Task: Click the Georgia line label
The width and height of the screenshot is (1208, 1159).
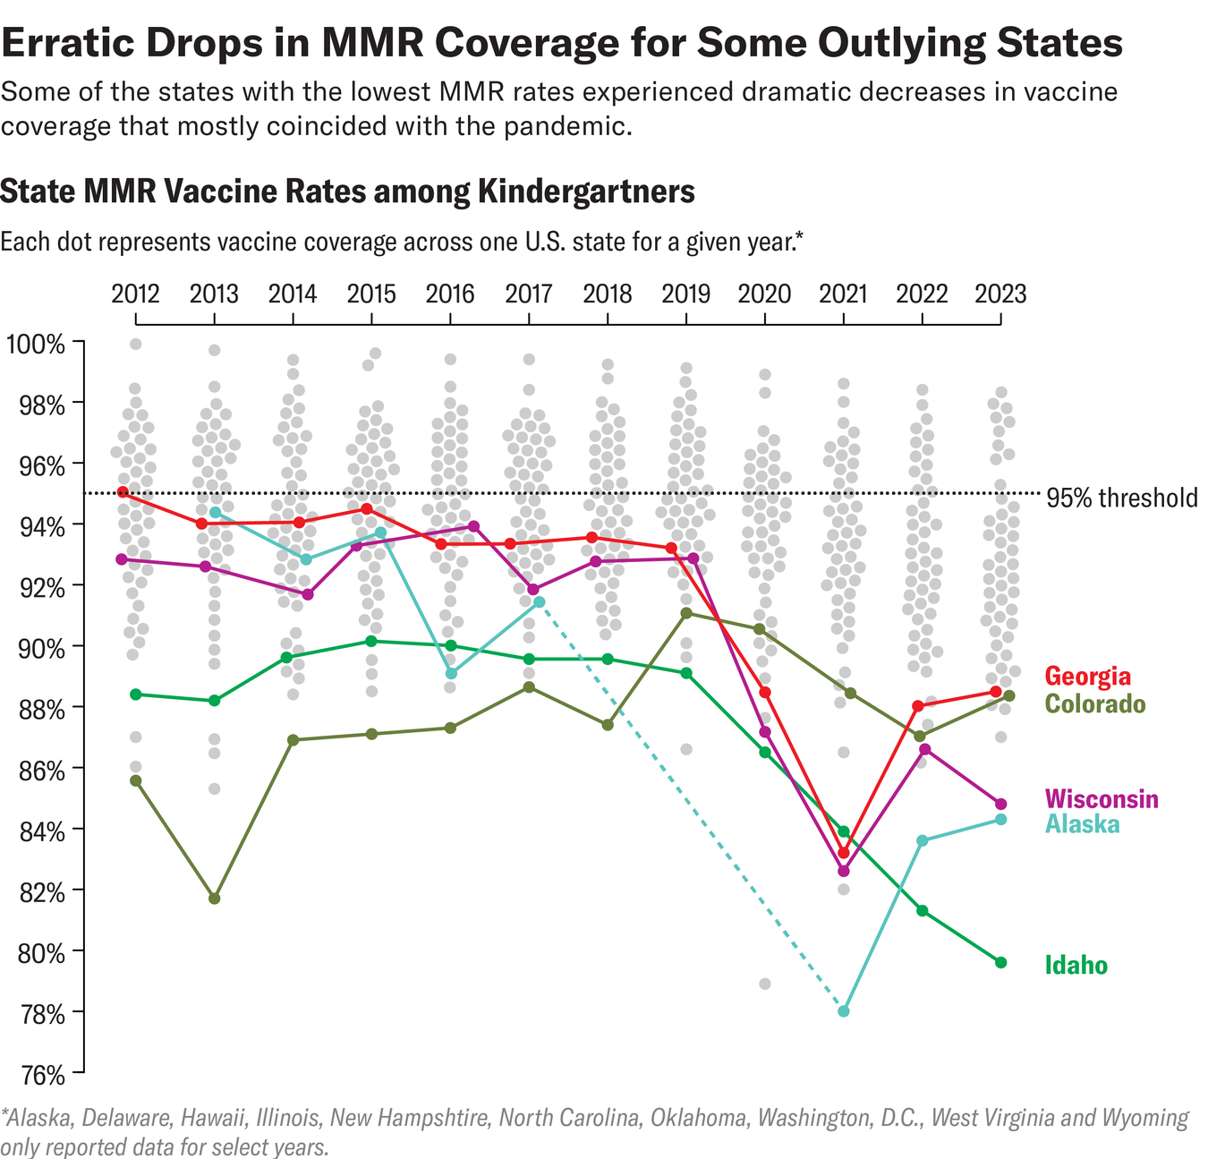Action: (1087, 676)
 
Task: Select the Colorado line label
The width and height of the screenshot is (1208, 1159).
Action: (1094, 704)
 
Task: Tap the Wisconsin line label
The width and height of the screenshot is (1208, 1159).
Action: (1101, 798)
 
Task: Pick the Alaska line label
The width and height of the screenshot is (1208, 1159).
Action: (1082, 823)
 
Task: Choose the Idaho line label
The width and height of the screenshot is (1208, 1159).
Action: (1076, 966)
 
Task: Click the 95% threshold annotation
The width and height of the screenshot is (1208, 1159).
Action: (1121, 499)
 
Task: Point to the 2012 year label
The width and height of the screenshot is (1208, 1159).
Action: (135, 294)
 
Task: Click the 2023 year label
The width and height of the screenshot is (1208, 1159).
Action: (1000, 294)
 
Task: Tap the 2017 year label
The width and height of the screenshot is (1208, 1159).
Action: (528, 294)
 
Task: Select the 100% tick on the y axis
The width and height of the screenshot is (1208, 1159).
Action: (36, 344)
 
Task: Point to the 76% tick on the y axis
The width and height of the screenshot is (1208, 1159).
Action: (36, 1073)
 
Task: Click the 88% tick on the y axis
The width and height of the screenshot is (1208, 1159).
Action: (36, 709)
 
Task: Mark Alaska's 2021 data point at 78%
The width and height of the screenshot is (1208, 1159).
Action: (843, 1011)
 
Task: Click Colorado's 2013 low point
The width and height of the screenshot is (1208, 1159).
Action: (215, 899)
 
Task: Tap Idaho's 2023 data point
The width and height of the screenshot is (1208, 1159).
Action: (1000, 962)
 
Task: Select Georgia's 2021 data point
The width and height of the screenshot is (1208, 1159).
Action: (843, 852)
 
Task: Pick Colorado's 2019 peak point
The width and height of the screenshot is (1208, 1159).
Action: (686, 613)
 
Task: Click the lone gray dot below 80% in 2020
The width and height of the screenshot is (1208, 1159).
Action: (765, 984)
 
